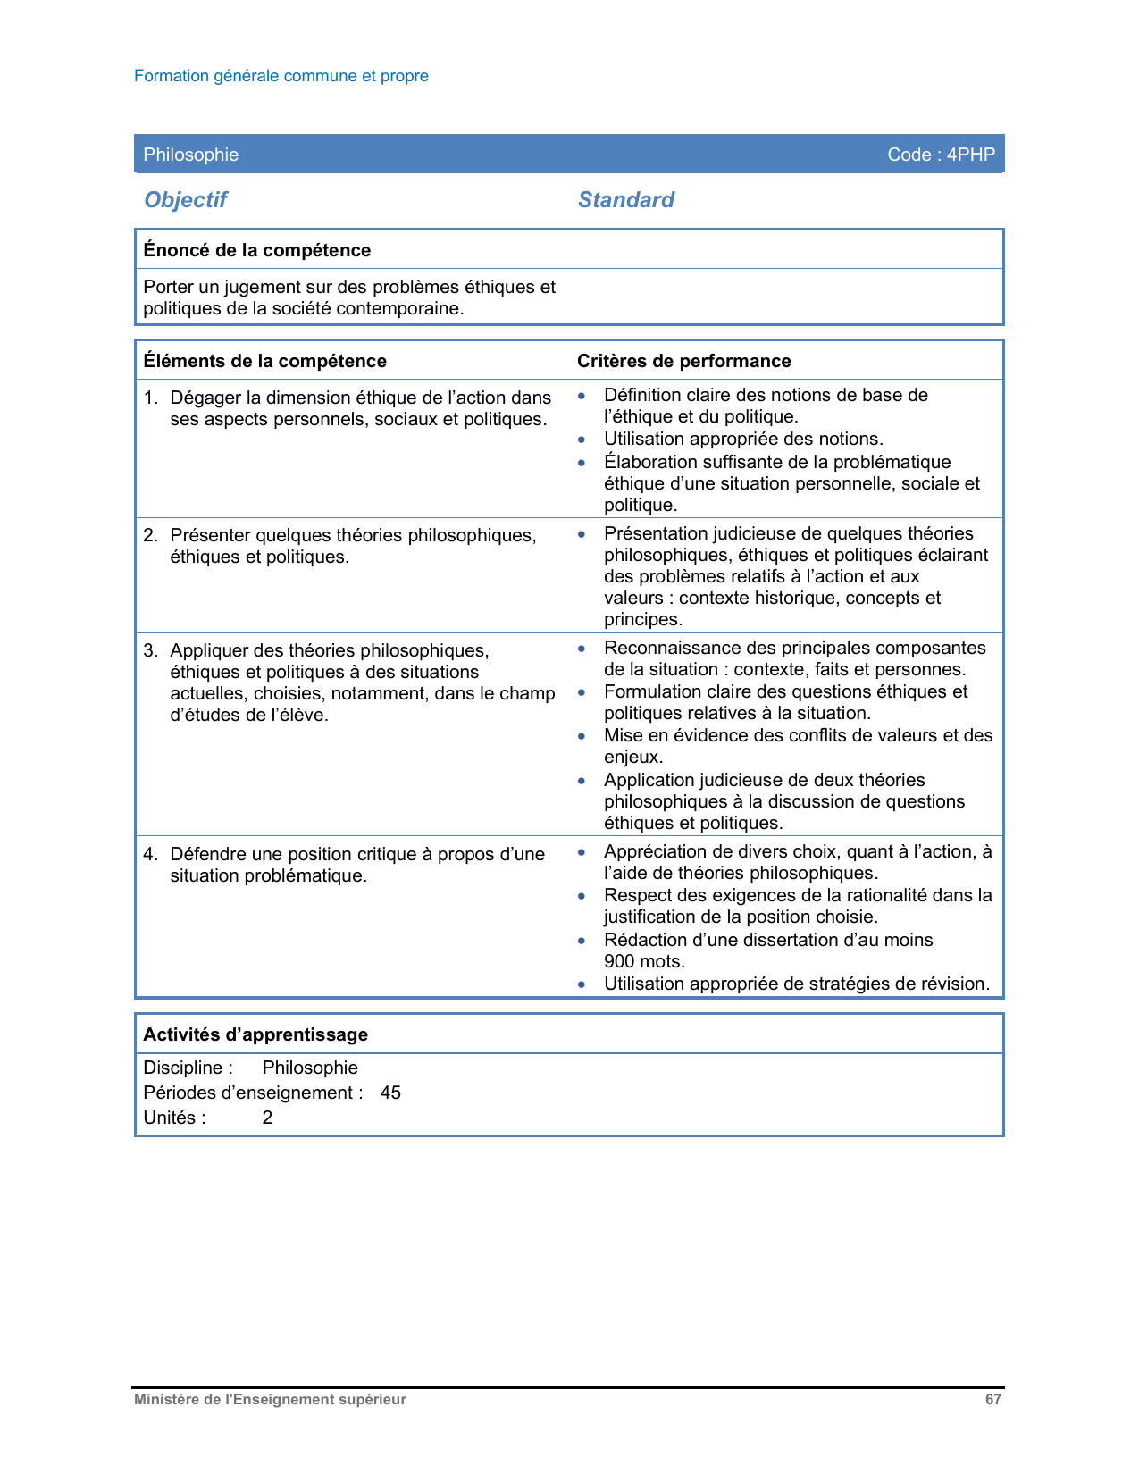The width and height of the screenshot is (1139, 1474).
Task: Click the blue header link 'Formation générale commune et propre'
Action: [x=281, y=76]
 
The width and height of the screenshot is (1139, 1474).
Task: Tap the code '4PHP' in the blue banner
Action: [x=970, y=155]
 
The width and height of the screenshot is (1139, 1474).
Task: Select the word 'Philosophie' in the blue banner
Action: [x=190, y=155]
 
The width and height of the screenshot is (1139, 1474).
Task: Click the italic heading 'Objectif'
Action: [x=186, y=200]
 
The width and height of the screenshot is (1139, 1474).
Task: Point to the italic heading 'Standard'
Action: [x=625, y=200]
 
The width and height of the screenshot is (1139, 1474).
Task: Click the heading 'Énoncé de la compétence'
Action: [x=256, y=250]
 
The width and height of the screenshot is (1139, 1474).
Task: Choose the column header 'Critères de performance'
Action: [x=683, y=361]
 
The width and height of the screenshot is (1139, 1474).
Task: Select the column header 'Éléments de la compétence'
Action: [x=264, y=361]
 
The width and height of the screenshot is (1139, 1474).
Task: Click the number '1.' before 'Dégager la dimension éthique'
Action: [x=150, y=398]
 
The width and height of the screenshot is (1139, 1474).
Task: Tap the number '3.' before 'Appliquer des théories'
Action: [x=150, y=650]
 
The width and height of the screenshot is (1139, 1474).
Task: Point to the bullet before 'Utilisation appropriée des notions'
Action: [x=582, y=440]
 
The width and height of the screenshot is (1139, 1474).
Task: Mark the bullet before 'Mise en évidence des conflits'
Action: [x=582, y=736]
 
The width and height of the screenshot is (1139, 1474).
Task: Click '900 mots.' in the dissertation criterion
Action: [x=644, y=961]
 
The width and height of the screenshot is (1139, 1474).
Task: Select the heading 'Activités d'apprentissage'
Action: [x=255, y=1034]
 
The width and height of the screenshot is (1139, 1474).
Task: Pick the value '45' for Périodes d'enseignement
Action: [x=390, y=1093]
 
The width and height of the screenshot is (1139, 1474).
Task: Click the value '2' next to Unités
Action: [x=267, y=1118]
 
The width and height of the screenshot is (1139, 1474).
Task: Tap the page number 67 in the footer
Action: [x=992, y=1400]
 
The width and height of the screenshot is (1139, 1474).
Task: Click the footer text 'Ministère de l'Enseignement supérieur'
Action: [x=270, y=1400]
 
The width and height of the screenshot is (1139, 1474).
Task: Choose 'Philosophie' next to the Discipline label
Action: [x=310, y=1068]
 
